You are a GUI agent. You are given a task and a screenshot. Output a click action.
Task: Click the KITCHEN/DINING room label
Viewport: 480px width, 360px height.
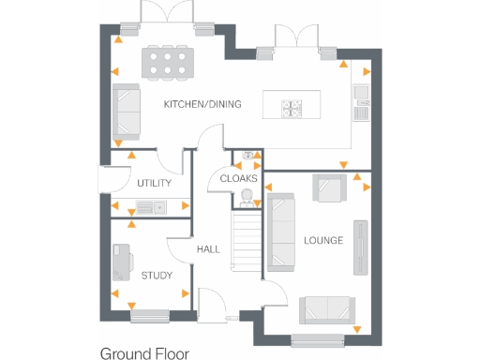coord(202,104)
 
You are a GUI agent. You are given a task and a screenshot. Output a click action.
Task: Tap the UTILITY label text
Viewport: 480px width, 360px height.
coord(154,183)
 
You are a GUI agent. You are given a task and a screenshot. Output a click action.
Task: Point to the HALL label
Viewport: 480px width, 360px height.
coord(208,249)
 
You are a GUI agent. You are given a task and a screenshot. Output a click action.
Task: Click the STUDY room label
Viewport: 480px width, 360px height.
coord(157,276)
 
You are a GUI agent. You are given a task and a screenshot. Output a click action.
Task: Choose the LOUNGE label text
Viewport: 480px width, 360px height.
coord(322,241)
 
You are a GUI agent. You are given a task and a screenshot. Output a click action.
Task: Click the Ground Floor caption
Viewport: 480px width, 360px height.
coord(144,353)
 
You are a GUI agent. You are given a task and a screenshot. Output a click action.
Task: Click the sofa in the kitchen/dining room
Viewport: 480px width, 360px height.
coord(125,111)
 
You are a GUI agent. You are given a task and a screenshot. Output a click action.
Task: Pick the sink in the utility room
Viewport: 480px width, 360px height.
coord(144,207)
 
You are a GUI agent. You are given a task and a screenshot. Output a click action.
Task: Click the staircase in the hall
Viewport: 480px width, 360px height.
coord(244,240)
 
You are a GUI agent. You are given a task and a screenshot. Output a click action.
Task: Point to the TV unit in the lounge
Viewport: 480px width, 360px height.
coord(360,247)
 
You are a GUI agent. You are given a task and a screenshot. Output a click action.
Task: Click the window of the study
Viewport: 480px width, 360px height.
coord(150,316)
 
